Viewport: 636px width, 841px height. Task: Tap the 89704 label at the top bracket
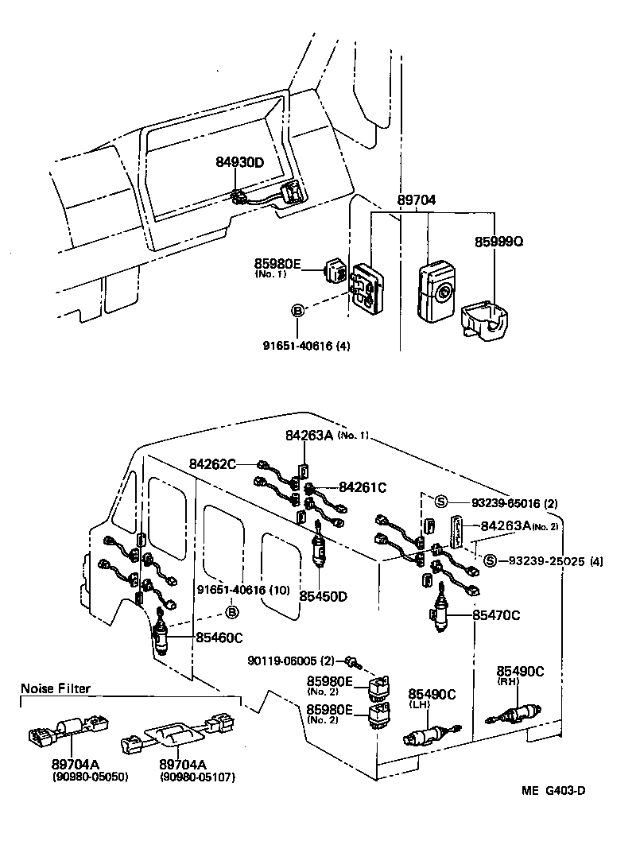pos(417,203)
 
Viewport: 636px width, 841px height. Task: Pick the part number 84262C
pos(212,463)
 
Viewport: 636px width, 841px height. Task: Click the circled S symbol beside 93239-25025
pos(490,561)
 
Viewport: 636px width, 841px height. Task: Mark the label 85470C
pos(497,614)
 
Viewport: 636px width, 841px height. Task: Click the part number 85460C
pos(217,636)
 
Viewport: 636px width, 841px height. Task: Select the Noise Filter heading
pos(56,688)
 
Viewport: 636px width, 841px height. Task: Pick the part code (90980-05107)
pos(187,776)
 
